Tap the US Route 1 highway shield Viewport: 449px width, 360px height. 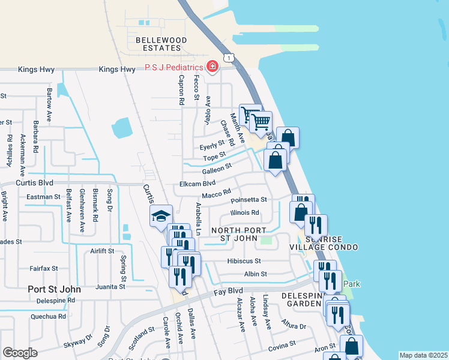click(228, 58)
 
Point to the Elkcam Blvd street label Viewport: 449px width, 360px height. click(197, 184)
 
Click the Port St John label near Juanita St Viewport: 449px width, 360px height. click(55, 289)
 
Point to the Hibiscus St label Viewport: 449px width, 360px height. click(244, 261)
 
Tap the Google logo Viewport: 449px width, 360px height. click(20, 353)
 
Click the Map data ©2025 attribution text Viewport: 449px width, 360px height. click(423, 355)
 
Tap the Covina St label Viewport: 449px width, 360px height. click(282, 345)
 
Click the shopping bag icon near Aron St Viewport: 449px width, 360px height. click(351, 346)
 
